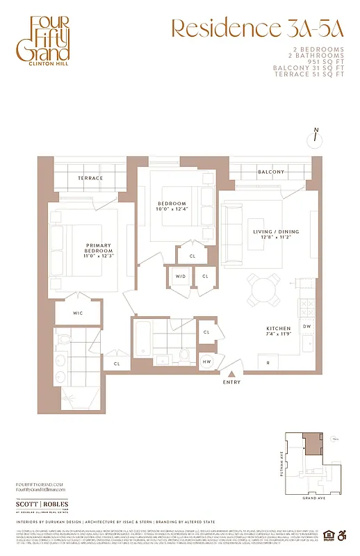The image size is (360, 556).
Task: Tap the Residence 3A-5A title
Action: point(256,28)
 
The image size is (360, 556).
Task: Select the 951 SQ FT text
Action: point(326,60)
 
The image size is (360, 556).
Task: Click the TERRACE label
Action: point(90,179)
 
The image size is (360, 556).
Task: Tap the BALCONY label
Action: point(270,172)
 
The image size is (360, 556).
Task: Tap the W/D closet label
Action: point(181,277)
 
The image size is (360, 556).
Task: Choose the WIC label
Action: point(78,313)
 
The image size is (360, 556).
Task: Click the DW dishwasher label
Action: point(306,325)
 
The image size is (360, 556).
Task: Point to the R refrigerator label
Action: point(268,362)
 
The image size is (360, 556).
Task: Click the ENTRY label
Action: point(232,382)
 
